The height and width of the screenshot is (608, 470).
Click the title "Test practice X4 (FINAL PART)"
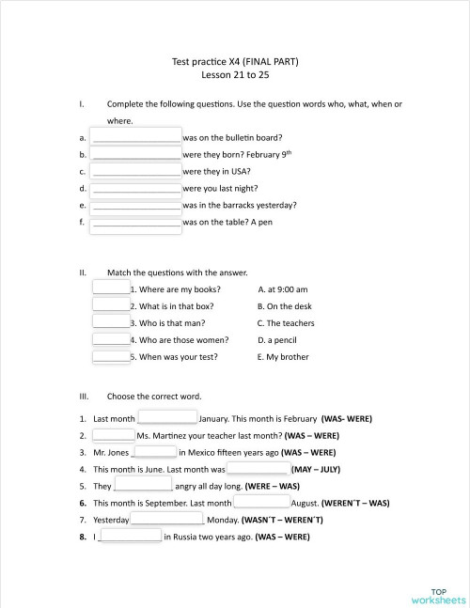[235, 61]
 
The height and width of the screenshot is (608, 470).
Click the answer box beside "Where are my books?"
[111, 288]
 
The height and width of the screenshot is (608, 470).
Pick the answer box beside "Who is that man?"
[111, 322]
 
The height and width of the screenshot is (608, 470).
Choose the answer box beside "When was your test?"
[111, 356]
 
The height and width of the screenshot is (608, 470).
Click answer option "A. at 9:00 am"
[282, 289]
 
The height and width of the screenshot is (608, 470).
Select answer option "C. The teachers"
[286, 323]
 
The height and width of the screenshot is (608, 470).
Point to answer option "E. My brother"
[282, 357]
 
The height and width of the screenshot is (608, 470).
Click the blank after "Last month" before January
[168, 417]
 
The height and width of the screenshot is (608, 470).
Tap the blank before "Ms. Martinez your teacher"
[114, 434]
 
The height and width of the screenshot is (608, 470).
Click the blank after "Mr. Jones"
[156, 451]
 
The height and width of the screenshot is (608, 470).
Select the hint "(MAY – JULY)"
[316, 468]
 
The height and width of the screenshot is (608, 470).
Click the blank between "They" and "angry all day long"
[144, 485]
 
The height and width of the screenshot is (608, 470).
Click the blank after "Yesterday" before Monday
[166, 519]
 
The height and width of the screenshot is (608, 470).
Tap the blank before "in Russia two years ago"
[131, 536]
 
